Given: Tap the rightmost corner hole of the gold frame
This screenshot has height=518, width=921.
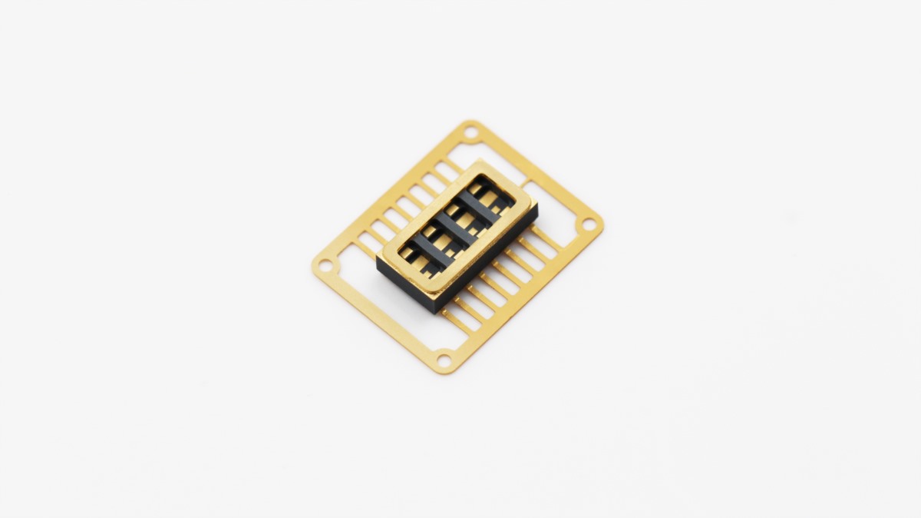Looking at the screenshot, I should pos(589,224).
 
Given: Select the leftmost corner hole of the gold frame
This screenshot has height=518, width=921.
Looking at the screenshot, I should pos(326,267).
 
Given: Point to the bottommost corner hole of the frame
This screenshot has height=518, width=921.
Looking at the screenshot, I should pos(444,359).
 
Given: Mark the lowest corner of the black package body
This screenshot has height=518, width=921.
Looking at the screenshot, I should pos(438,312).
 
